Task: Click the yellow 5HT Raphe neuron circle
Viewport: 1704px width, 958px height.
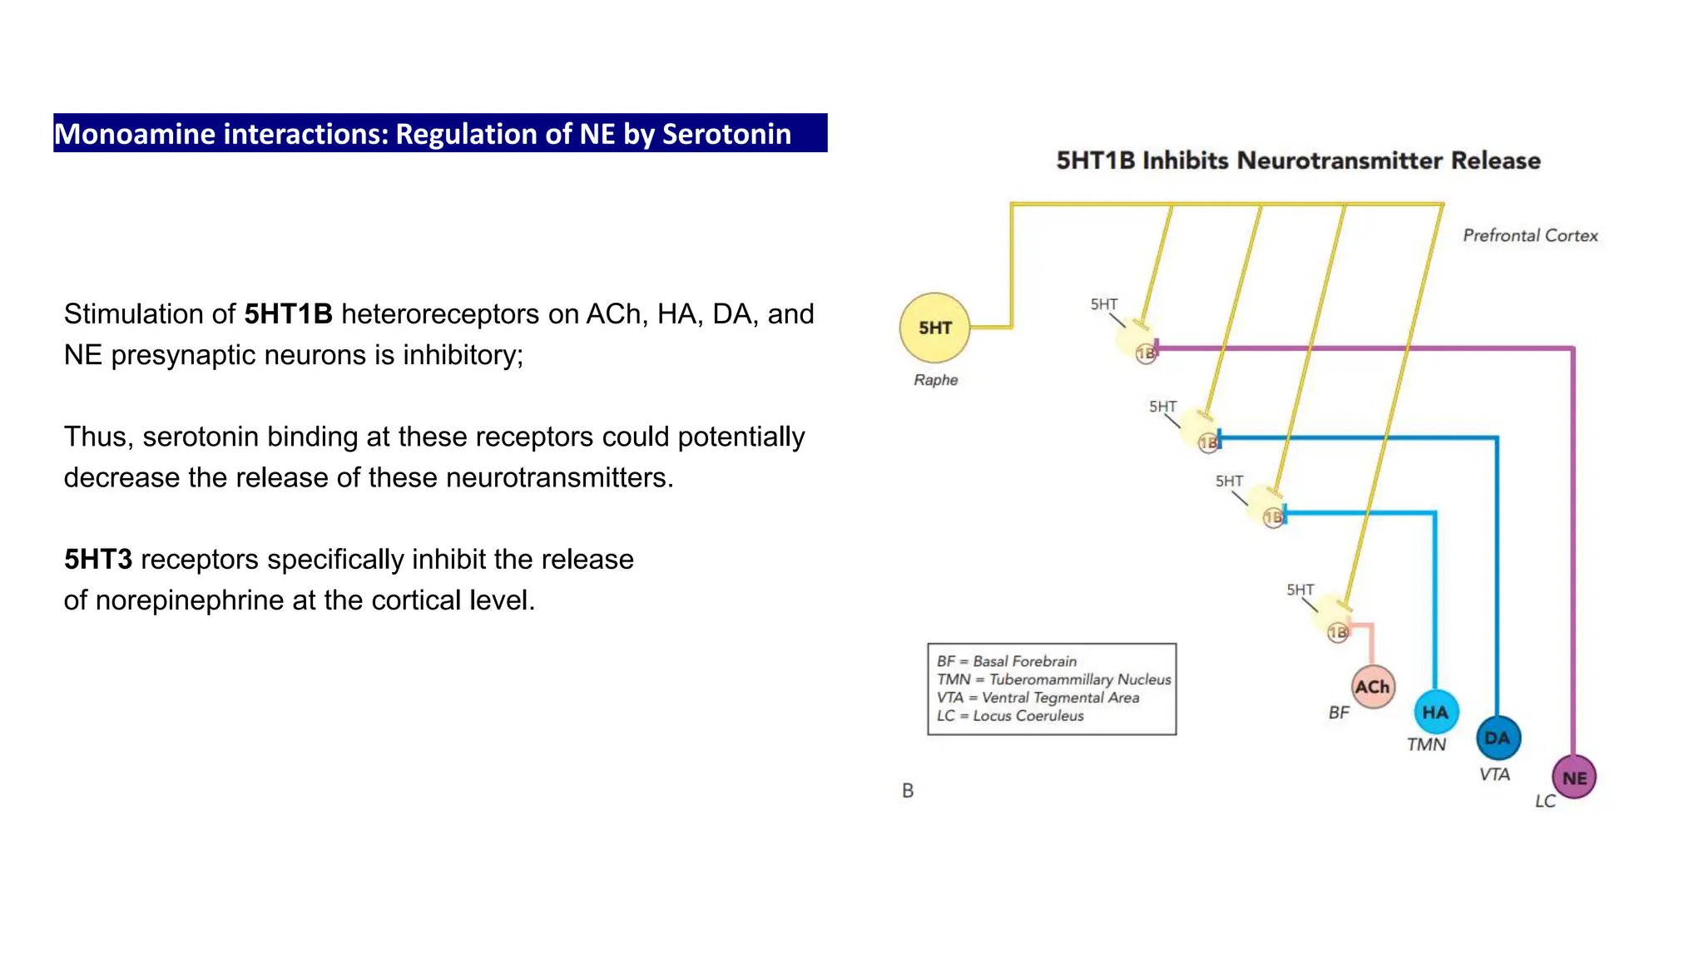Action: click(x=935, y=328)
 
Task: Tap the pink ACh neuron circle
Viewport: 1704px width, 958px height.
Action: click(x=1372, y=687)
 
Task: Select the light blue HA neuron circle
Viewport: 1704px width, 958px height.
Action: click(x=1435, y=712)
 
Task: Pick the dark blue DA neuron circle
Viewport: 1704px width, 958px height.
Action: click(x=1498, y=738)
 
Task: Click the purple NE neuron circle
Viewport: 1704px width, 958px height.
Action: click(x=1574, y=778)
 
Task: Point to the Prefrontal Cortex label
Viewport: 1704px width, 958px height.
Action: click(x=1530, y=235)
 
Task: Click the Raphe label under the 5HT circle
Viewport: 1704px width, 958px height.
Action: click(x=935, y=380)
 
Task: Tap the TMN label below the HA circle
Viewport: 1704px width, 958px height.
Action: click(x=1426, y=744)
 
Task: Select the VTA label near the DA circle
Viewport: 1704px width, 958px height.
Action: click(x=1494, y=774)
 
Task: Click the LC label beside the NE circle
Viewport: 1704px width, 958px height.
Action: click(x=1545, y=801)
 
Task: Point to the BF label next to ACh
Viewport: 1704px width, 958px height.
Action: click(x=1339, y=713)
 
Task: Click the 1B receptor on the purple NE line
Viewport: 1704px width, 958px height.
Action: click(x=1146, y=353)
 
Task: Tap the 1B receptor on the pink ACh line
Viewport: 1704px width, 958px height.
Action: click(x=1337, y=633)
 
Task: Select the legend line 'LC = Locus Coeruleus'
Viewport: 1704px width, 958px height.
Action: click(x=1010, y=716)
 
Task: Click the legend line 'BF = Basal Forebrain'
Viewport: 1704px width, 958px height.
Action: click(x=1007, y=661)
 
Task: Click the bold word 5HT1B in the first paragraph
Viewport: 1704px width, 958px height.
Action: click(x=288, y=314)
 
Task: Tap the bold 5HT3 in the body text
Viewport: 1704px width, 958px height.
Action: click(x=98, y=560)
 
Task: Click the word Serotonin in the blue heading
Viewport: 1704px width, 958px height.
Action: click(x=726, y=134)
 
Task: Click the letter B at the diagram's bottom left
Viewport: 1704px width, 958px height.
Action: click(x=908, y=791)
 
